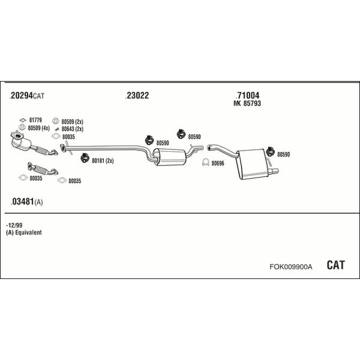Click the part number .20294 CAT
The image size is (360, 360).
pos(26,95)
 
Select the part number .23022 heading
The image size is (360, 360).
pos(137,95)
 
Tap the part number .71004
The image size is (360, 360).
pos(247,95)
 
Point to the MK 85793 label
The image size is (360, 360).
pos(247,104)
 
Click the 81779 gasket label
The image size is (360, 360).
pos(35,120)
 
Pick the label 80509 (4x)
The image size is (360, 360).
pos(39,128)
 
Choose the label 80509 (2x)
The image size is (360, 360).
pos(73,122)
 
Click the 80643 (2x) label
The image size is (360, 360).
pos(73,129)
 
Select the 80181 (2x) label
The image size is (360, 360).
pos(103,161)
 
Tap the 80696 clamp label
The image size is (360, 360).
pos(218,163)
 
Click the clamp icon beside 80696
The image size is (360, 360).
pos(205,163)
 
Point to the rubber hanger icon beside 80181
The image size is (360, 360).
pos(85,158)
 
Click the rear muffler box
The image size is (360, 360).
pos(252,164)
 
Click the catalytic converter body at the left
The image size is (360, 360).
pos(22,144)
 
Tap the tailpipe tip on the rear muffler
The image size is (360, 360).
pos(274,171)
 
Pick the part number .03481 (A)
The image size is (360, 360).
pos(26,202)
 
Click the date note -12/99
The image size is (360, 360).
pos(14,225)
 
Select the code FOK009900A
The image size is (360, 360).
pos(290,267)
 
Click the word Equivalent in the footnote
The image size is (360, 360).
pos(28,232)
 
